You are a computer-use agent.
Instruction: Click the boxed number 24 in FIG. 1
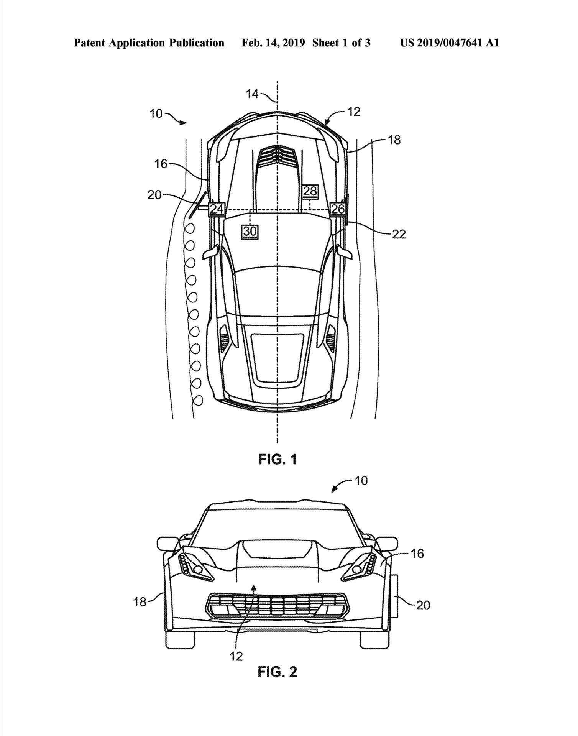click(217, 209)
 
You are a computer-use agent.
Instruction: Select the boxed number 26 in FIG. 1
click(338, 209)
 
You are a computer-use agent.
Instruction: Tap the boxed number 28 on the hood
click(310, 191)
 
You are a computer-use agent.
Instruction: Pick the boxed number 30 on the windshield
click(250, 231)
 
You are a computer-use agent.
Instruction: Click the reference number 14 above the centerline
click(253, 94)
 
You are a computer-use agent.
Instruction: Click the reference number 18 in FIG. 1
click(394, 140)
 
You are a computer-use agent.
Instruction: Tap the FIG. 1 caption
click(277, 459)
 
